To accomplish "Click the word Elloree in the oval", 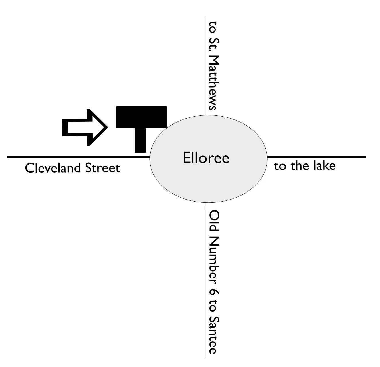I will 206,158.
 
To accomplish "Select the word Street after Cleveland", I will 102,168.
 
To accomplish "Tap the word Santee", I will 214,334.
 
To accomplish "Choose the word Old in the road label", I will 214,221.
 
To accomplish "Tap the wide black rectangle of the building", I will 141,117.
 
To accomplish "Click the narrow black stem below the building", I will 140,140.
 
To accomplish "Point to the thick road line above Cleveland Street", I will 77,157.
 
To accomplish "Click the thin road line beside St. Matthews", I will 205,66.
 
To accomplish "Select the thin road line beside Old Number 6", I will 205,280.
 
